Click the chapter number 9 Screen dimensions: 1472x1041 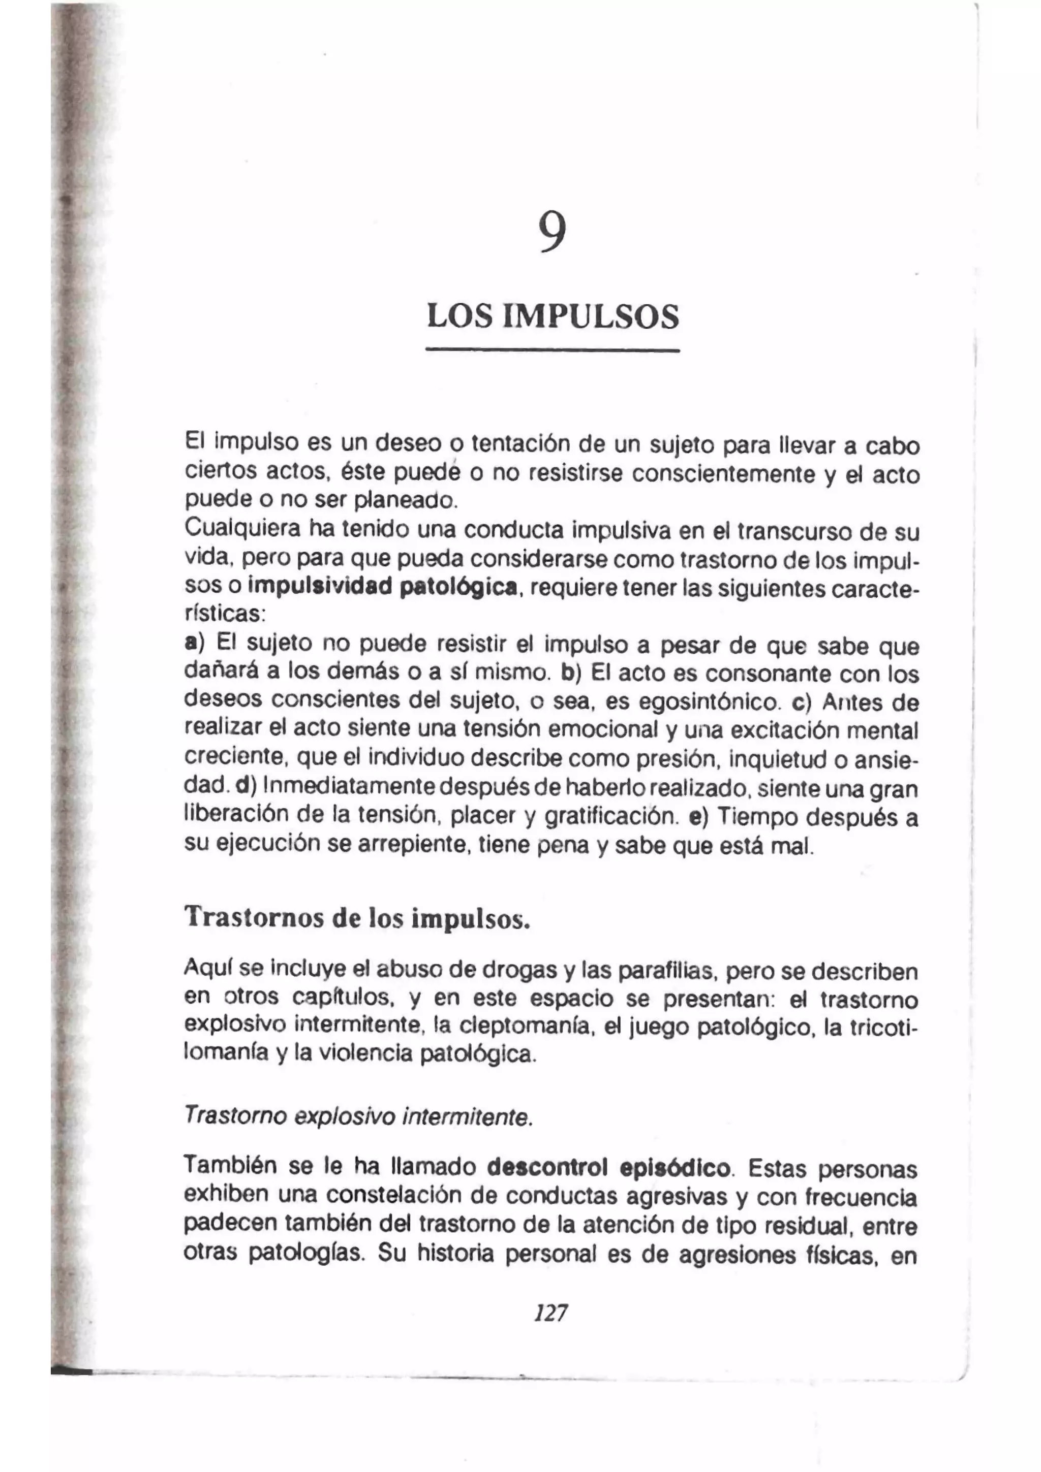[x=552, y=232]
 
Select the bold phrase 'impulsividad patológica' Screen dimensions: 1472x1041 [x=382, y=587]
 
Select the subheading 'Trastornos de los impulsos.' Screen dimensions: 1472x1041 [x=357, y=917]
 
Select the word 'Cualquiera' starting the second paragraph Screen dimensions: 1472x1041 [x=242, y=530]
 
